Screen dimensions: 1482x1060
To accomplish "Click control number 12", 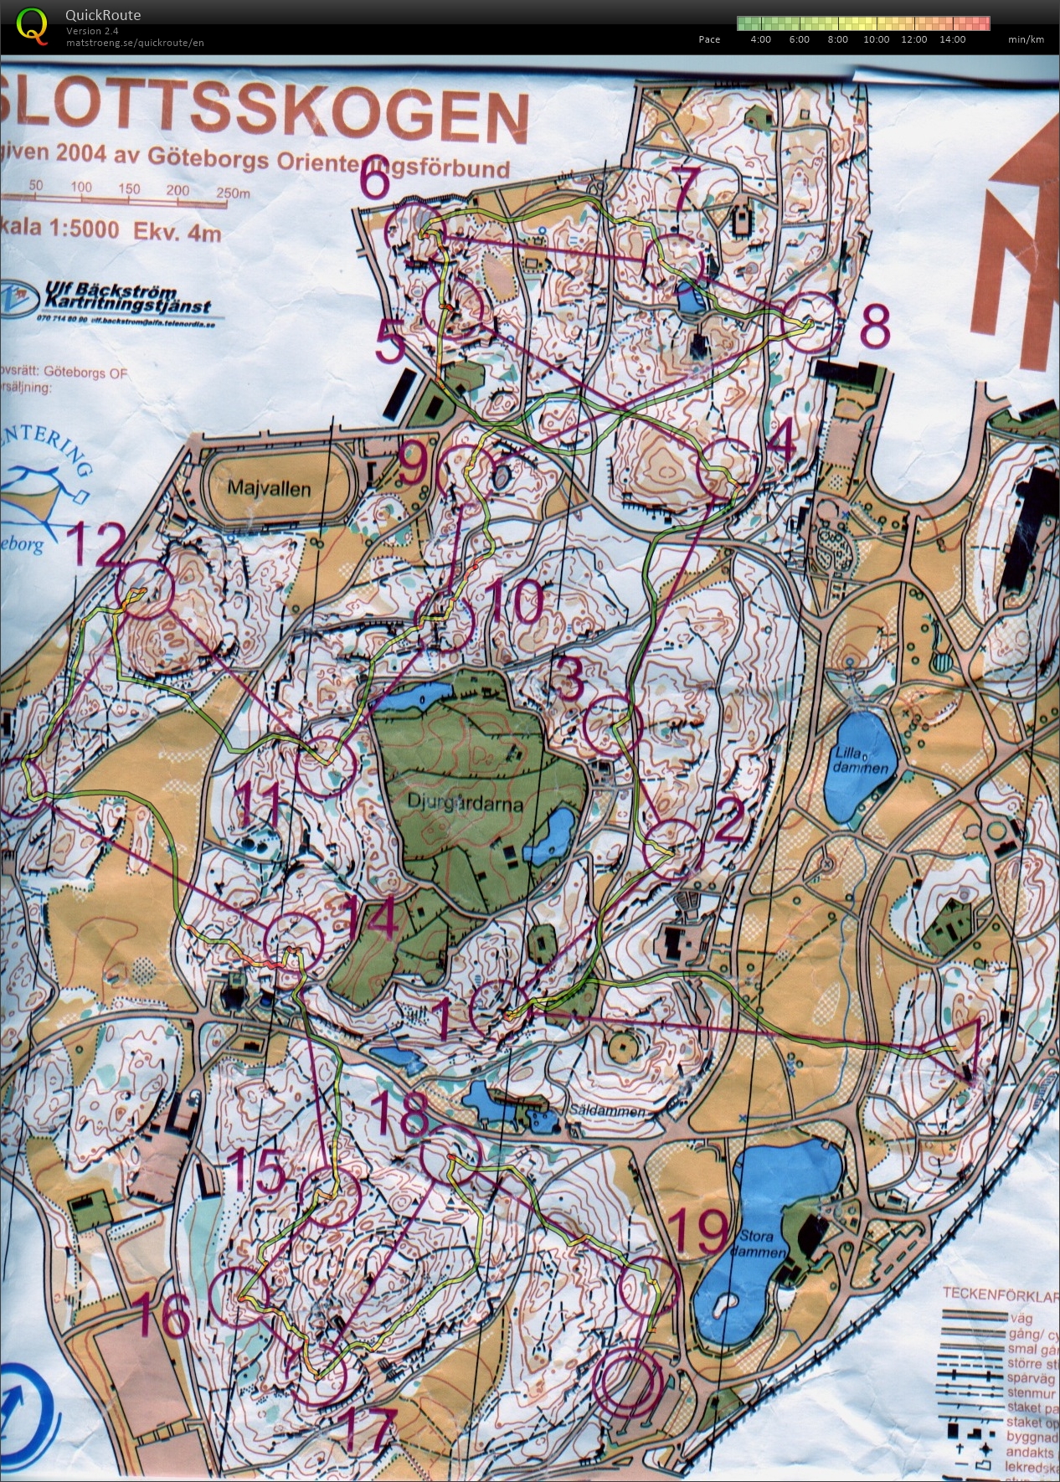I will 98,546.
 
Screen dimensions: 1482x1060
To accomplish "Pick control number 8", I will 874,328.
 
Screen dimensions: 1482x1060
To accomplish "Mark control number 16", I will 164,1315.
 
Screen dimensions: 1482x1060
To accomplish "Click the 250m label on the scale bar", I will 233,193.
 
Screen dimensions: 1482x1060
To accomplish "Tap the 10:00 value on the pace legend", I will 876,39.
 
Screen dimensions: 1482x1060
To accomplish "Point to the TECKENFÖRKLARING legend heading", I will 1000,1294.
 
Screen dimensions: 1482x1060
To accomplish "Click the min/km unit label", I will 1026,39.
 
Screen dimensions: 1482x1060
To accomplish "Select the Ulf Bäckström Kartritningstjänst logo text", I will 126,300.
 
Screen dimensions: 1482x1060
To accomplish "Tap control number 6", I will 375,182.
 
